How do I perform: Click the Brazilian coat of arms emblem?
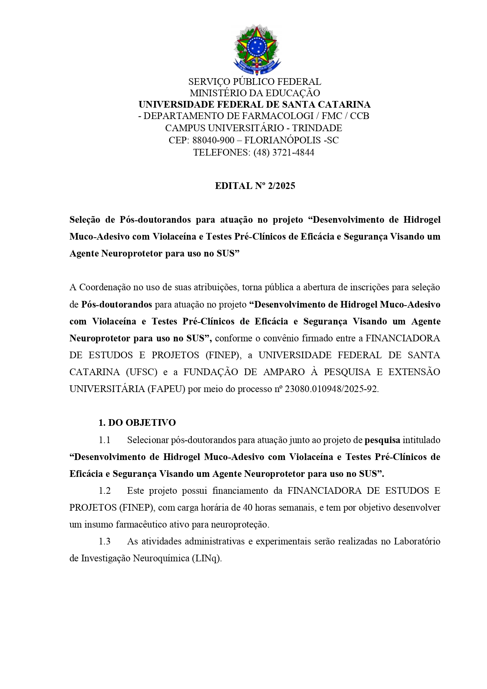click(x=257, y=49)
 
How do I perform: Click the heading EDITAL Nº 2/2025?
click(x=255, y=186)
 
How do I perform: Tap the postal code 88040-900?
click(x=213, y=140)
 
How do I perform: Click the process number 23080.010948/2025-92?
click(x=331, y=389)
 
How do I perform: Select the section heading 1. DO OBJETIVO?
click(x=137, y=423)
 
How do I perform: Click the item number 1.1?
click(x=104, y=440)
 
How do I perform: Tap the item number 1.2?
click(x=104, y=491)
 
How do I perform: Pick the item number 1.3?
click(x=104, y=541)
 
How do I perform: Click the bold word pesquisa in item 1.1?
click(x=382, y=440)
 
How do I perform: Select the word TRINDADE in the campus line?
click(x=317, y=128)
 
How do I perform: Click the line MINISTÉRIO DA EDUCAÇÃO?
click(x=255, y=93)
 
